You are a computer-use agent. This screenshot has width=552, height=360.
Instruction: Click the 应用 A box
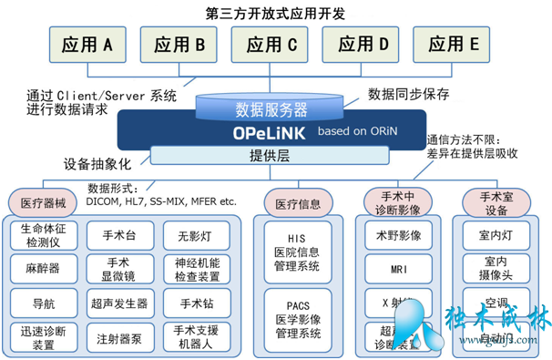point(87,43)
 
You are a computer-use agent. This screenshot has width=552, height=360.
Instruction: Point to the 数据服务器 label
point(271,110)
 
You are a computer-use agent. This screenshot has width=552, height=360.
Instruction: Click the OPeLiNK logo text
point(267,132)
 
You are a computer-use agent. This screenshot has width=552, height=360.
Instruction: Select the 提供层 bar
point(271,156)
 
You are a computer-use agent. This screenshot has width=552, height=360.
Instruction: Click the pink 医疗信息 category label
point(296,201)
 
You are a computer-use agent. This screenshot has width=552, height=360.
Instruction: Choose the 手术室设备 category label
point(496,201)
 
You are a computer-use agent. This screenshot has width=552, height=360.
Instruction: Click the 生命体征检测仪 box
point(44,236)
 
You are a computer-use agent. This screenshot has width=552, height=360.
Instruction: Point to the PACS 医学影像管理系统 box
point(296,314)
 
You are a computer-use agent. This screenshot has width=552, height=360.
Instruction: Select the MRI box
point(397,269)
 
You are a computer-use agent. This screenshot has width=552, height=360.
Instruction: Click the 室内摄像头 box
point(496,269)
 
